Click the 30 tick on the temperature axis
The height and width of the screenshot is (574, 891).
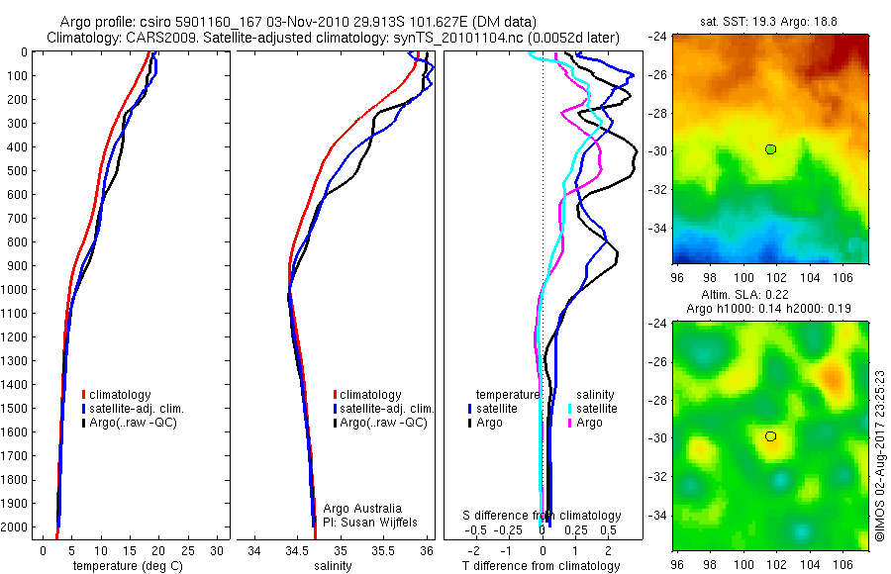coord(217,550)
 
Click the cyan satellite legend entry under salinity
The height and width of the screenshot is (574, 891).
coord(594,408)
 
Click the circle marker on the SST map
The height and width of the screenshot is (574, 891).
coord(770,149)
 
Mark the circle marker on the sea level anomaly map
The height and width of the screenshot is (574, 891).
coord(770,436)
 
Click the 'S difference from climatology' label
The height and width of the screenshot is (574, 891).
coord(543,516)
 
